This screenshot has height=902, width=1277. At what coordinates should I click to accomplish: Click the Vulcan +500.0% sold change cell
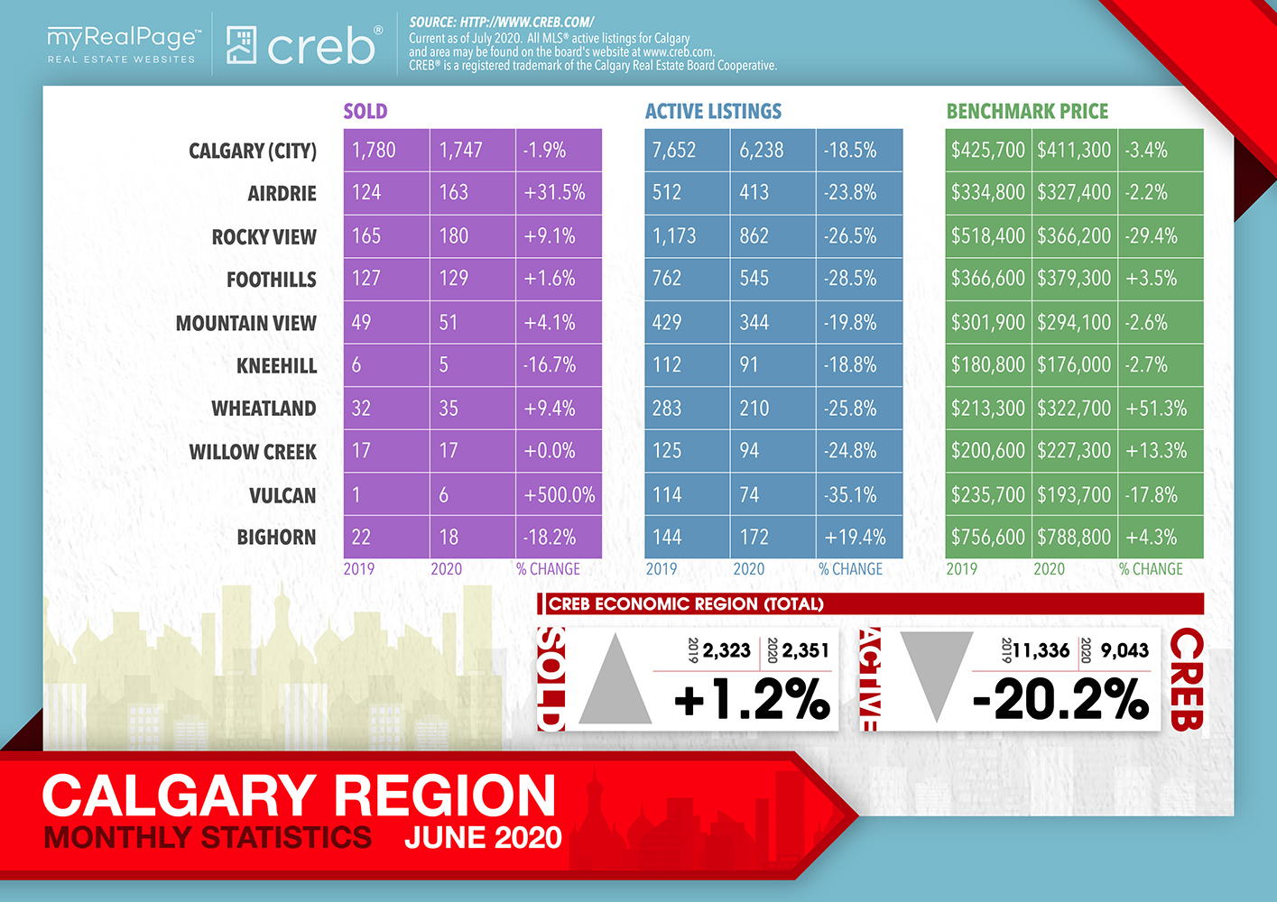(x=559, y=495)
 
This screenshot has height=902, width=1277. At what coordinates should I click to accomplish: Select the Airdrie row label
(x=282, y=194)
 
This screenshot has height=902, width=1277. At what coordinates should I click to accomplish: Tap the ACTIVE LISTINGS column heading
(x=713, y=112)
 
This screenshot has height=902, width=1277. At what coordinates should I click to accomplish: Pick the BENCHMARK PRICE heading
(x=1027, y=112)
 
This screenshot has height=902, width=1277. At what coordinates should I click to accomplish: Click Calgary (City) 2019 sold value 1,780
(x=374, y=151)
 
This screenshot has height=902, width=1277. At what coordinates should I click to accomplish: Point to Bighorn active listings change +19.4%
(x=855, y=538)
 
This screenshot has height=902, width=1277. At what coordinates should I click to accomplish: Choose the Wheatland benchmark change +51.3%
(x=1156, y=409)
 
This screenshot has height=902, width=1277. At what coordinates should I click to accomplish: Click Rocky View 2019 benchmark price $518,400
(x=987, y=236)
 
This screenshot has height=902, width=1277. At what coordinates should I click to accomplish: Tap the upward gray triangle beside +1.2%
(x=615, y=680)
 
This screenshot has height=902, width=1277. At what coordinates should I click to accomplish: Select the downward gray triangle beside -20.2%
(x=936, y=672)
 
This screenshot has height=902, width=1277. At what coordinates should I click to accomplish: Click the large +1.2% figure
(x=752, y=700)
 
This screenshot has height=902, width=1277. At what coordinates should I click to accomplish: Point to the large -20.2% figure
(x=1060, y=700)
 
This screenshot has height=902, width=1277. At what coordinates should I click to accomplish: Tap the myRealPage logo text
(x=121, y=38)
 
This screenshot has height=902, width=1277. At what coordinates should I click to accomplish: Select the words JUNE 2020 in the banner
(x=483, y=837)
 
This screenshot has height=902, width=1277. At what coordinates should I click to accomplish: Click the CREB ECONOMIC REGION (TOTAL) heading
(x=686, y=604)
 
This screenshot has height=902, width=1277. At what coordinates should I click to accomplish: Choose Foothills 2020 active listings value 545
(x=754, y=279)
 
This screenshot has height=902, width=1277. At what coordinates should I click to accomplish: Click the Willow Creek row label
(x=253, y=452)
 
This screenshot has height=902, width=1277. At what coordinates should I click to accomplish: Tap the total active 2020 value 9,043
(x=1124, y=650)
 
